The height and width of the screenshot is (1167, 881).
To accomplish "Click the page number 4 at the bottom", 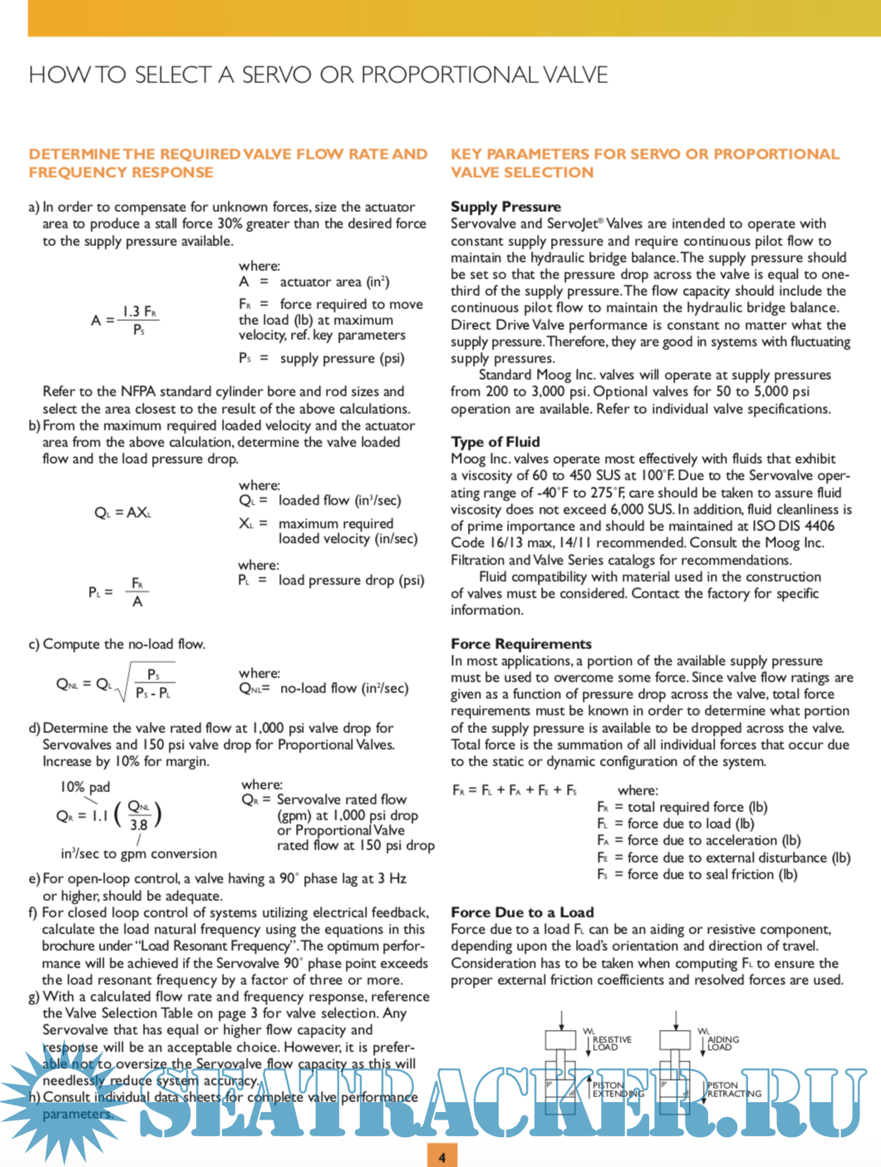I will point(441,1156).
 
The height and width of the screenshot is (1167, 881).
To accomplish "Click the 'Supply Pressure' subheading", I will point(505,206).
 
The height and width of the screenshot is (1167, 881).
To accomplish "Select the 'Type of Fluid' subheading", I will point(495,441).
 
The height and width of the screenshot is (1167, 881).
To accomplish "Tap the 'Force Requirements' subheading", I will point(521,643).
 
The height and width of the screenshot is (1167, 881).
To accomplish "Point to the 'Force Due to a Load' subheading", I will point(522,912).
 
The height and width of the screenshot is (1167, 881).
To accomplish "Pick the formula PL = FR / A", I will point(119,592).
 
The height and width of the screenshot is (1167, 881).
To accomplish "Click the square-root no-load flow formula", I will point(116,684).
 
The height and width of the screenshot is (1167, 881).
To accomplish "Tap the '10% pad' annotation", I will point(85,786).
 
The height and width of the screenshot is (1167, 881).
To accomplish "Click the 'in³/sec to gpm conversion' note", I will point(139,854).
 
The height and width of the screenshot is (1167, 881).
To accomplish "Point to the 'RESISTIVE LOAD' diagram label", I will point(612,1043).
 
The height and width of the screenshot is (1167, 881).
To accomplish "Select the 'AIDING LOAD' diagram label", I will point(723,1043).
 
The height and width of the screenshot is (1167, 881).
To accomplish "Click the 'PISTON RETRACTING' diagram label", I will point(734,1090).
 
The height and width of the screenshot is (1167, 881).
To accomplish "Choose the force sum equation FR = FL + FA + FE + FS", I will point(514,790).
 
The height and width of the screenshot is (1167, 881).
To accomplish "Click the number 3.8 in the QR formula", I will point(139,825).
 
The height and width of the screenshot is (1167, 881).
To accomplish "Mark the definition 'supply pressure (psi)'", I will point(342,358).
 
